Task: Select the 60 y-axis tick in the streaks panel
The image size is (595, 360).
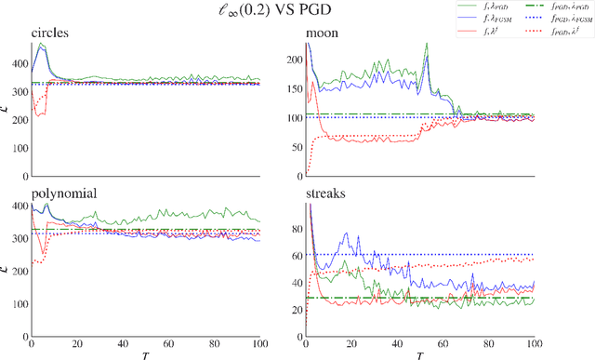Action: [297, 253]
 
